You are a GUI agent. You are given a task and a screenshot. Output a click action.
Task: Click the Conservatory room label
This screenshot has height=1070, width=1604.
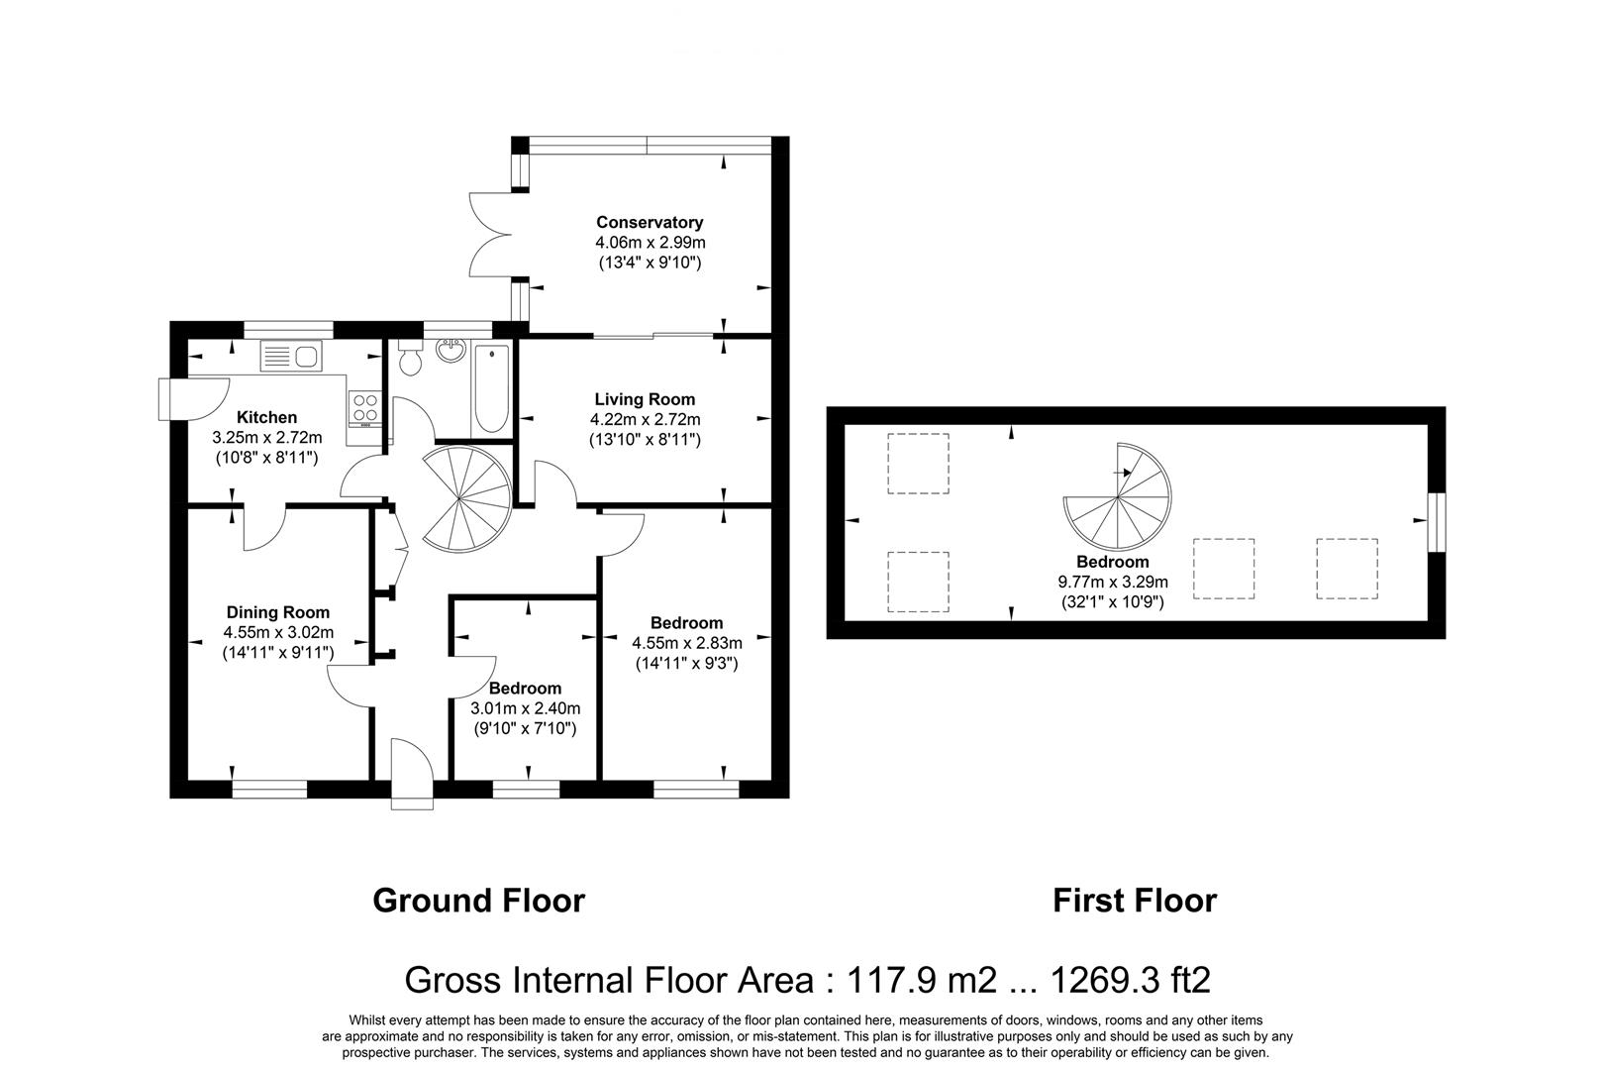pos(649,222)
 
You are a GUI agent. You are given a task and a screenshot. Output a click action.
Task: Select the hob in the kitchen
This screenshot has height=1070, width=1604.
pos(363,406)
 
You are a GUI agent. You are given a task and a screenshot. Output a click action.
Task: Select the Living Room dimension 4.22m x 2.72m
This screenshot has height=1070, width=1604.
pos(645,419)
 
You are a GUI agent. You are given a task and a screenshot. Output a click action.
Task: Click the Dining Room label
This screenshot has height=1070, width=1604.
pos(277,612)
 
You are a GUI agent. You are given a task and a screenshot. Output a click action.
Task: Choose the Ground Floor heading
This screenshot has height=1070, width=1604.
pos(478,901)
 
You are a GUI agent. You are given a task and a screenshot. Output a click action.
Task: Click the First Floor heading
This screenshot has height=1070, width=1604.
pos(1134,901)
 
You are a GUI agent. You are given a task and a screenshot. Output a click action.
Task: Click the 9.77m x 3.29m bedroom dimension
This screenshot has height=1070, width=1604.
pos(1113,582)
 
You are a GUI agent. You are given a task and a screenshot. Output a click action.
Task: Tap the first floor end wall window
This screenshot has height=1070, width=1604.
pos(1435,521)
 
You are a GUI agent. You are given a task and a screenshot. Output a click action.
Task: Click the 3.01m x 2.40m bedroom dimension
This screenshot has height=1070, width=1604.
pos(525,708)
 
